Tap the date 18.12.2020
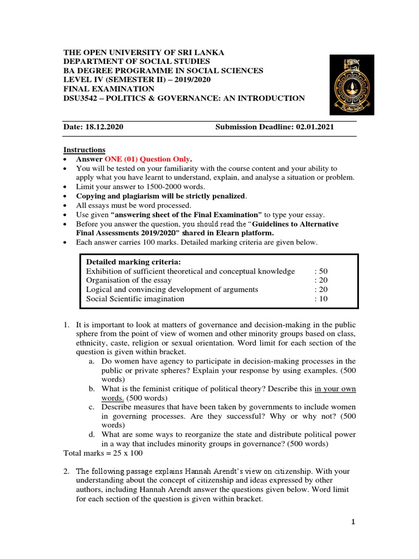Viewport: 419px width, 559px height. pos(104,127)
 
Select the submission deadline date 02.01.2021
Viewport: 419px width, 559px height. pos(315,127)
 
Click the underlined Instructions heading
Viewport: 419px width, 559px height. pos(85,150)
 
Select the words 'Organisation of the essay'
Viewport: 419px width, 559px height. pos(129,280)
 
